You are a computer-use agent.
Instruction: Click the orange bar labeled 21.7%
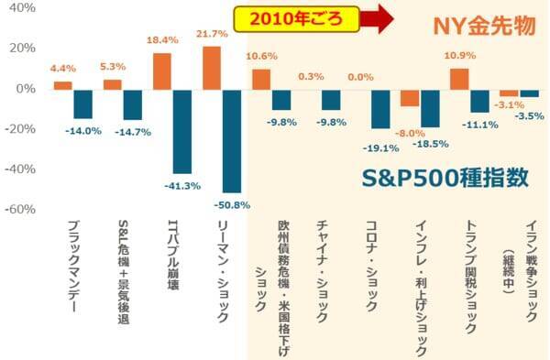pyautogui.click(x=212, y=67)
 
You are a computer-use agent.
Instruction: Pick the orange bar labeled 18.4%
pyautogui.click(x=161, y=71)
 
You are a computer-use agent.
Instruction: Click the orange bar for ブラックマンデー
pyautogui.click(x=62, y=85)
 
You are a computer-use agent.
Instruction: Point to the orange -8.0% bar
pyautogui.click(x=409, y=97)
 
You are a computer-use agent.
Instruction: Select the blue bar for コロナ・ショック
pyautogui.click(x=380, y=108)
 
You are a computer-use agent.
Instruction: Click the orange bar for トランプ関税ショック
pyautogui.click(x=459, y=79)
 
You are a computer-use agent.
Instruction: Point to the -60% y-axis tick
pyautogui.click(x=20, y=209)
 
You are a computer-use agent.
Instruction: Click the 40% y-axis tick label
pyautogui.click(x=22, y=8)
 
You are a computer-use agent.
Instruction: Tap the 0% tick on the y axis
pyautogui.click(x=26, y=89)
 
